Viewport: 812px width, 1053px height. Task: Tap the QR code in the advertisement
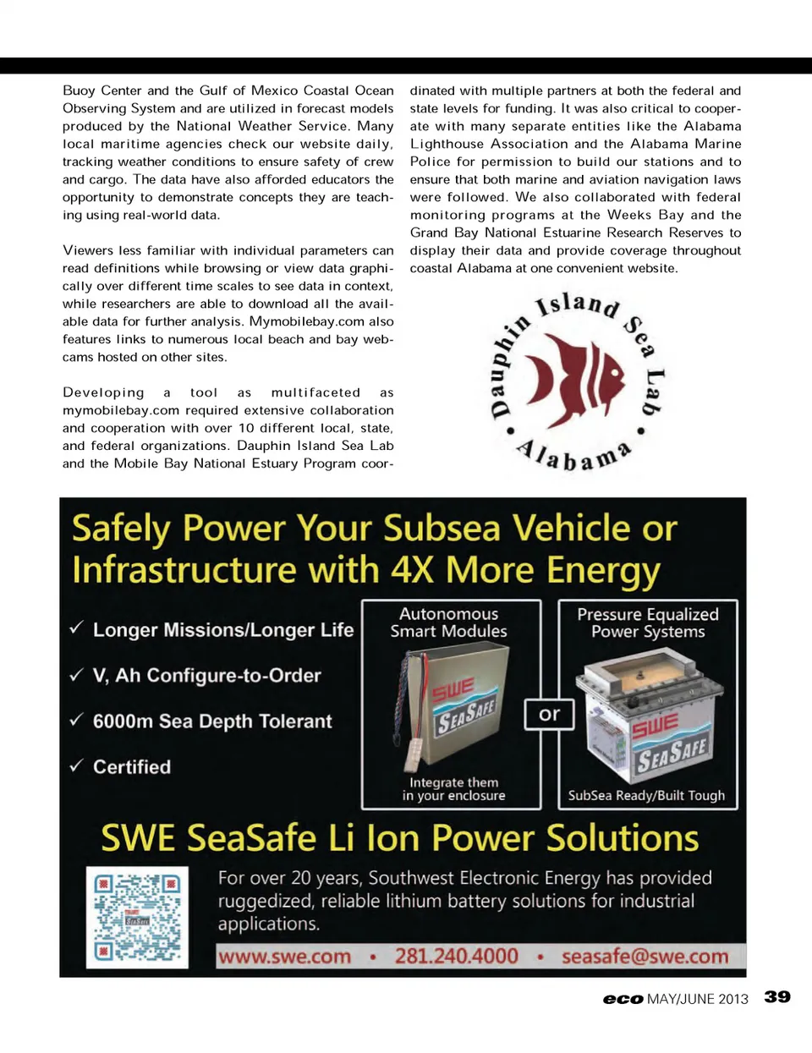137,917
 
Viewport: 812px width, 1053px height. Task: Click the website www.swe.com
284,957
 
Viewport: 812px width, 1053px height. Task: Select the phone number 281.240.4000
456,957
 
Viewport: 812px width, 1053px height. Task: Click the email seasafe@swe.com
645,957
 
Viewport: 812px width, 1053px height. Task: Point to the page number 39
777,997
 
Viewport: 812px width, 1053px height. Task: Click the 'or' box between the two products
549,715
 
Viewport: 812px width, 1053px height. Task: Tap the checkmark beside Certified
77,765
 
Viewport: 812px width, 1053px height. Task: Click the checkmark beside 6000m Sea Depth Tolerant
77,720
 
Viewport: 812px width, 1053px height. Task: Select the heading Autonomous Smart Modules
449,622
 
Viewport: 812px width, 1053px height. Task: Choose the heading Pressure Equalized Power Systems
648,622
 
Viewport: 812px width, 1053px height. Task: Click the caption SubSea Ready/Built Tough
646,795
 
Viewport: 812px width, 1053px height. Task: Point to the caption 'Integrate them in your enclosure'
453,789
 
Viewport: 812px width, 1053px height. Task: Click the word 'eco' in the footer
623,999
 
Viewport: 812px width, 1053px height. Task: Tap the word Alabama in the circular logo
575,457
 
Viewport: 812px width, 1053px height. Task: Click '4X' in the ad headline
412,570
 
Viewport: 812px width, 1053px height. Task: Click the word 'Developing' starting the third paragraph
103,392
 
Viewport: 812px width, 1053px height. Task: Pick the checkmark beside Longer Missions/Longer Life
77,628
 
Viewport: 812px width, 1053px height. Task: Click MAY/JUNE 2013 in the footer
697,999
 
